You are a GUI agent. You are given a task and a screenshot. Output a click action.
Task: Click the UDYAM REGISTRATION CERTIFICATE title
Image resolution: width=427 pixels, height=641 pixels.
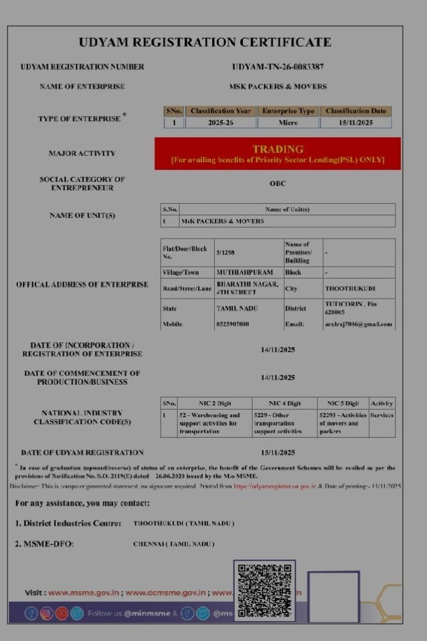(205, 43)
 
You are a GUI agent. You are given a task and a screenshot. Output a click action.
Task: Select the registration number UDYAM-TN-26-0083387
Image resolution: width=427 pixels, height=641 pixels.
(278, 67)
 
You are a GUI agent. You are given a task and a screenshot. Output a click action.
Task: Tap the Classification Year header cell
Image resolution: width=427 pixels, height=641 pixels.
(221, 111)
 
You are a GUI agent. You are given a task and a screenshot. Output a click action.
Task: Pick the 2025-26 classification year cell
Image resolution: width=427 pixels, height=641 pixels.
(221, 122)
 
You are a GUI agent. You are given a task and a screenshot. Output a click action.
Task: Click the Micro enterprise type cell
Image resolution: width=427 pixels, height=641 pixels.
(288, 122)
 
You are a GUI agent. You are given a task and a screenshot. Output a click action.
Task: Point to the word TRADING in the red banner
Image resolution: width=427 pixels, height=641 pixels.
(278, 149)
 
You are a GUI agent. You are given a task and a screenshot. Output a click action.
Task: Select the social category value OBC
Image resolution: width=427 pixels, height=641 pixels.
(278, 183)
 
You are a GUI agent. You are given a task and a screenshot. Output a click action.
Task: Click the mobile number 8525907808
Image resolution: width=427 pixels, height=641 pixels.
(232, 324)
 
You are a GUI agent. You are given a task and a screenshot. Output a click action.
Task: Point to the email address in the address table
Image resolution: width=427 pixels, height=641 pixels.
(358, 324)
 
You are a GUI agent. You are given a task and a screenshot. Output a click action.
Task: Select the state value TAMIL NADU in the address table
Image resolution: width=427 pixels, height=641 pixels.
(237, 308)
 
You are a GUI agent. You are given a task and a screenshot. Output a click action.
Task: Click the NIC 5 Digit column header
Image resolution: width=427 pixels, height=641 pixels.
(343, 403)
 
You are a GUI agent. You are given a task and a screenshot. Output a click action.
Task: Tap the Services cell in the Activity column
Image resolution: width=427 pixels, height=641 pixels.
(381, 415)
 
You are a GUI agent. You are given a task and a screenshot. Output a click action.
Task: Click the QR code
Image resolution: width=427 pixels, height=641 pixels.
(264, 590)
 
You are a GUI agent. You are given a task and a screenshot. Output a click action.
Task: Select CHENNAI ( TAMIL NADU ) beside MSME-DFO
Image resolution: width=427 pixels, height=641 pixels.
(174, 544)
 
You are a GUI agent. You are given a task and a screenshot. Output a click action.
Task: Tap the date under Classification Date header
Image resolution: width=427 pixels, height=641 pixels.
(356, 122)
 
